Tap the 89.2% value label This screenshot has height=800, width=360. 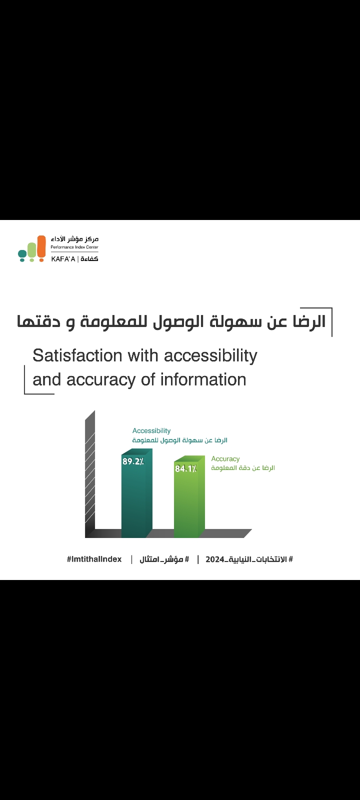(x=133, y=461)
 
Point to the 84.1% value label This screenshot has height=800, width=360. (x=185, y=468)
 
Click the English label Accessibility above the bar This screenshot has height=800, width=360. (x=151, y=430)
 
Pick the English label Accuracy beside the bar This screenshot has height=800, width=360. (x=225, y=459)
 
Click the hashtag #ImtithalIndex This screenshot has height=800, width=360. (x=94, y=559)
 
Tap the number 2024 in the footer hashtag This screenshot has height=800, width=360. (x=214, y=559)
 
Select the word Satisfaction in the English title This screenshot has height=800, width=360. (x=77, y=355)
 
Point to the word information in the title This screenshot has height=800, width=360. (x=203, y=379)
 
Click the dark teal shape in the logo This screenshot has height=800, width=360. (x=22, y=255)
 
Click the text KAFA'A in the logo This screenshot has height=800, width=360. (x=63, y=259)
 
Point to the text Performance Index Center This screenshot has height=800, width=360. (x=74, y=247)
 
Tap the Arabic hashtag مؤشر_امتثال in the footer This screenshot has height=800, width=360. (x=164, y=559)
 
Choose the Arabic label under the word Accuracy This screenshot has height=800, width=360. (x=243, y=468)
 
